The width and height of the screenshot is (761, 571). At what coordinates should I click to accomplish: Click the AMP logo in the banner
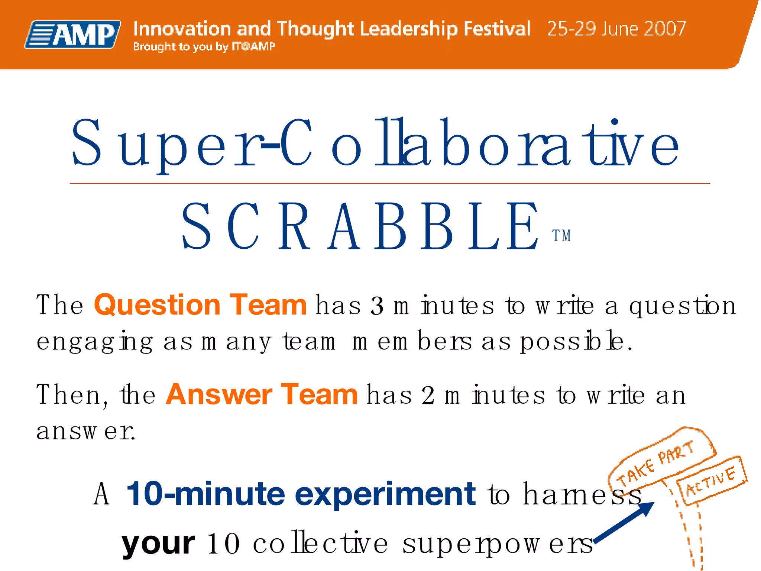(x=73, y=34)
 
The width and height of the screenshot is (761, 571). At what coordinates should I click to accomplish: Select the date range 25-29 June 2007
(x=616, y=29)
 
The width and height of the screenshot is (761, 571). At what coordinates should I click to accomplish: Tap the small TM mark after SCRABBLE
(x=561, y=236)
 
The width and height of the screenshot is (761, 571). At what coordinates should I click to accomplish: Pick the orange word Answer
(x=219, y=394)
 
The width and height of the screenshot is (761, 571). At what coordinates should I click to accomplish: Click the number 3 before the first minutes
(x=377, y=306)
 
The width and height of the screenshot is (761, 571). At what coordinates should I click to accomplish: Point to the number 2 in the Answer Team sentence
(x=428, y=396)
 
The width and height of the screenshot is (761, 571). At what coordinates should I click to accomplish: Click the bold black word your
(x=158, y=544)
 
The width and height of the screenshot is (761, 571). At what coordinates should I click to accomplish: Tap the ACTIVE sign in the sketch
(x=710, y=481)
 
